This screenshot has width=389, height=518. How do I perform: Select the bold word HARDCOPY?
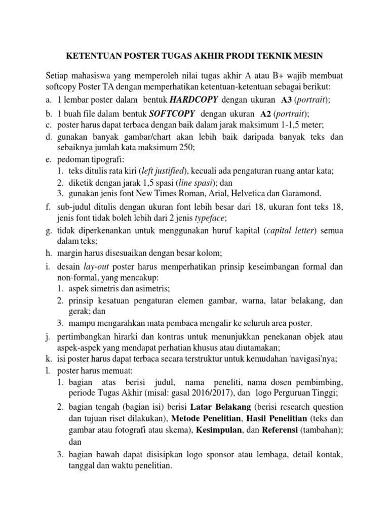[194, 99]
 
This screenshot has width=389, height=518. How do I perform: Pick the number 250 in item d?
[186, 147]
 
